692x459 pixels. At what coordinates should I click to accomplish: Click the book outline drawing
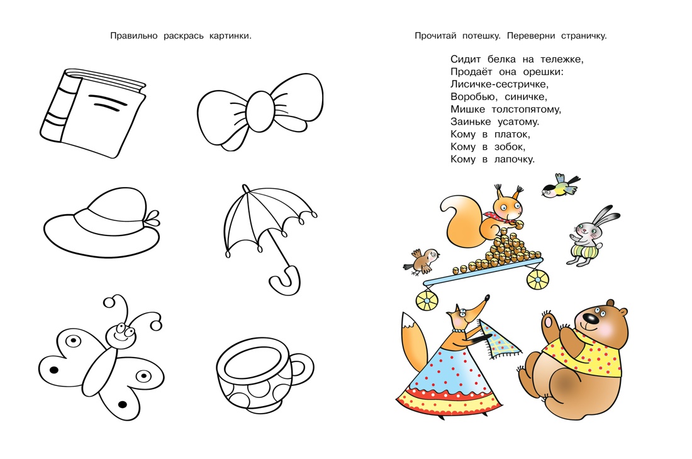(x=92, y=113)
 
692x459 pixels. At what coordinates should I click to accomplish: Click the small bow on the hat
(x=152, y=218)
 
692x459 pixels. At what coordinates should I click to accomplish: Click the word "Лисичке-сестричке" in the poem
(x=499, y=84)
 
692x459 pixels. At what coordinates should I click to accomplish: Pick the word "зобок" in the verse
(x=510, y=147)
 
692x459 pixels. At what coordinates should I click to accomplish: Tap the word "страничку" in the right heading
(x=584, y=36)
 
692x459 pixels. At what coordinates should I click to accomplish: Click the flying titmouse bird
(x=561, y=186)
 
